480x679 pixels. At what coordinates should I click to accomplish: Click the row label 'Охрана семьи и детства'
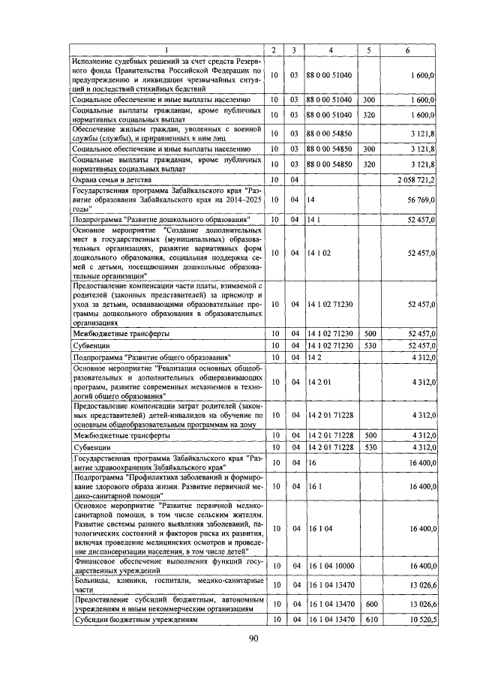112,180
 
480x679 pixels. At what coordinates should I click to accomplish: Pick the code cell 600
368,604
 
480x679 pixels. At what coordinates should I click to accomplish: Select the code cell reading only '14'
310,200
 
